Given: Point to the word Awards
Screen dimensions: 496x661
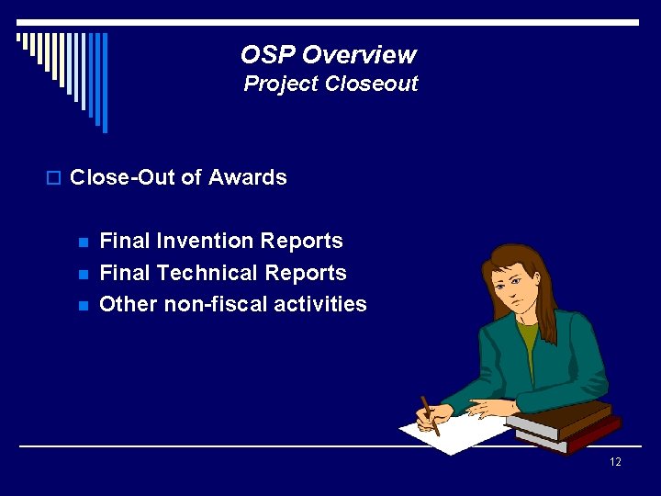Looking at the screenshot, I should [248, 177].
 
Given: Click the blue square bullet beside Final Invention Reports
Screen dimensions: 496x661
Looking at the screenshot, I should [83, 243].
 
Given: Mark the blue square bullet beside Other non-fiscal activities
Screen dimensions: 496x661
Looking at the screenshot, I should [83, 306].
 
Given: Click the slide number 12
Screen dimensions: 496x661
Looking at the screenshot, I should [615, 461].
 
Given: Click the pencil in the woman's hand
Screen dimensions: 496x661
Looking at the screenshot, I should [430, 415].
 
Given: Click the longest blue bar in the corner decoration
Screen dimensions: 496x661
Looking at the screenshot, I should [105, 83].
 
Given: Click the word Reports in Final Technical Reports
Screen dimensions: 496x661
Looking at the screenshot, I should [309, 273].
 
